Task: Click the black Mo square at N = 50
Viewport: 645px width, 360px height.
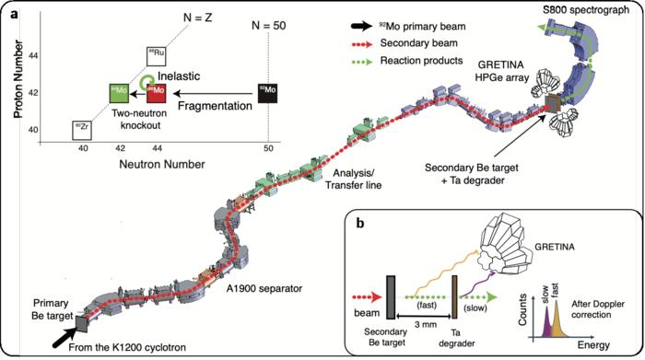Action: [267, 92]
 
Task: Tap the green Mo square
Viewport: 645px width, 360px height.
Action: [119, 92]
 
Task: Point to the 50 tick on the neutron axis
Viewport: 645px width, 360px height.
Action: [267, 148]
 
